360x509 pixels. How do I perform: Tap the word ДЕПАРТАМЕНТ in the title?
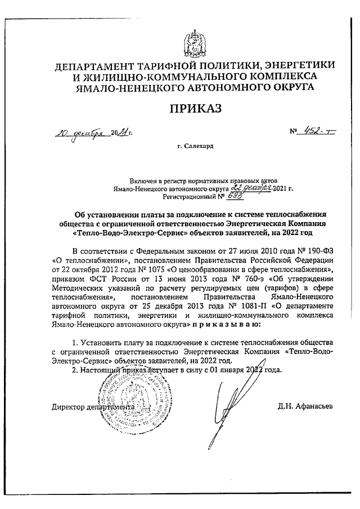(100, 67)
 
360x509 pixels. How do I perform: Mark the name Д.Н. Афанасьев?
(303, 406)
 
